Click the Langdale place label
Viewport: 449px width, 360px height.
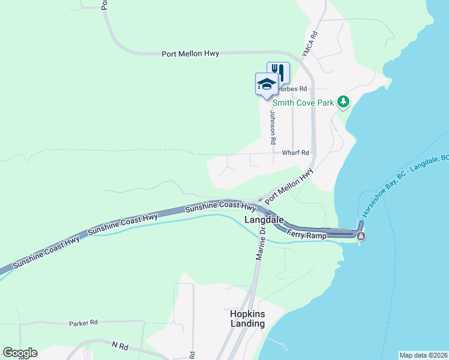pyautogui.click(x=264, y=221)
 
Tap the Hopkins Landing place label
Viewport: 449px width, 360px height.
pyautogui.click(x=247, y=319)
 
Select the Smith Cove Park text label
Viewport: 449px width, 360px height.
pyautogui.click(x=307, y=103)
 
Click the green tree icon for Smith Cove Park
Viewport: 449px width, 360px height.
pyautogui.click(x=343, y=102)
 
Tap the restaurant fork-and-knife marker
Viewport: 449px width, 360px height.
pyautogui.click(x=278, y=72)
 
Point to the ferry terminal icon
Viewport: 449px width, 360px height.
pyautogui.click(x=361, y=236)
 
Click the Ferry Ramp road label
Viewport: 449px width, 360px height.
pyautogui.click(x=306, y=235)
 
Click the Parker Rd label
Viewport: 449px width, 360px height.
pyautogui.click(x=83, y=323)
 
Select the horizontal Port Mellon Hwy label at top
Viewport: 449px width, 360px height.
pyautogui.click(x=190, y=53)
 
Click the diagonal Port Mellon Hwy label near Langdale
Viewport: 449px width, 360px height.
pyautogui.click(x=289, y=186)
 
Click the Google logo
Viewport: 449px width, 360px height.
pyautogui.click(x=20, y=353)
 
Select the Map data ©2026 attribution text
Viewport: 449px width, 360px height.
pyautogui.click(x=423, y=355)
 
